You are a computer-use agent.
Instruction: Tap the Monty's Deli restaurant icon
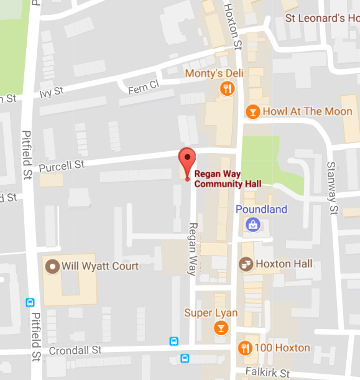tap(228, 89)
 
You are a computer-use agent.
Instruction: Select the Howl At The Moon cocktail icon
tap(252, 112)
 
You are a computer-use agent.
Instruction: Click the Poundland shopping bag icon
tap(252, 225)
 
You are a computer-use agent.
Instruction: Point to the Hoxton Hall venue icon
tap(247, 264)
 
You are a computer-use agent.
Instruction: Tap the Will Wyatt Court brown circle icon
tap(53, 267)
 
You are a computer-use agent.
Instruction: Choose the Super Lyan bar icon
tap(220, 328)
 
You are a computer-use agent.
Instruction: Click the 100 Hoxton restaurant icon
tap(246, 348)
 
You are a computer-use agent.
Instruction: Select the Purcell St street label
tap(62, 166)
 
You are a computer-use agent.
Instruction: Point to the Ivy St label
tap(52, 92)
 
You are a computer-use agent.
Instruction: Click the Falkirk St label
tap(268, 373)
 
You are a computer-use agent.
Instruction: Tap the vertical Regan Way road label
tap(193, 249)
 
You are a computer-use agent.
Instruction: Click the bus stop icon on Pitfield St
tap(30, 302)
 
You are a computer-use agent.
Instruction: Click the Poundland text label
tap(261, 210)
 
